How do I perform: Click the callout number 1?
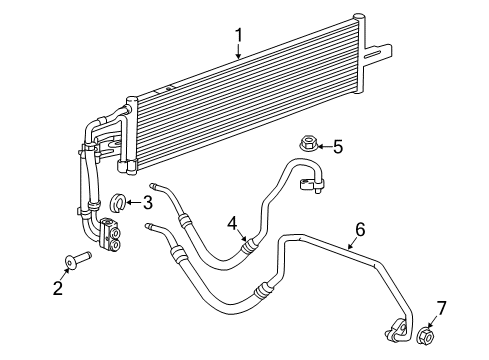239,37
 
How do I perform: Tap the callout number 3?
147,203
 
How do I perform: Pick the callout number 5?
337,148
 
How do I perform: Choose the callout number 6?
359,230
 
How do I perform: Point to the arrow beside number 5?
321,148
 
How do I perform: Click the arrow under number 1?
239,55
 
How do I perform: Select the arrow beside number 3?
133,204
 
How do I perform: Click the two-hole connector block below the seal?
113,238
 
